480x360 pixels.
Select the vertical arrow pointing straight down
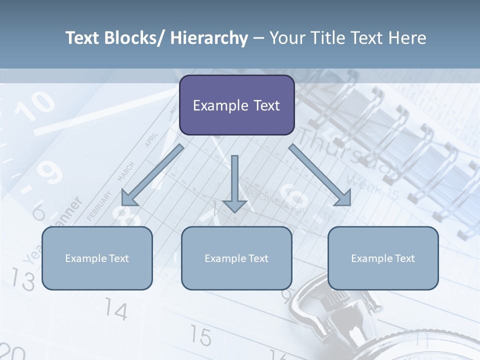[234, 182]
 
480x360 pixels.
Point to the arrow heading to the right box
[320, 175]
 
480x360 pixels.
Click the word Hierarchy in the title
[209, 38]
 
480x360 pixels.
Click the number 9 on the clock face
[50, 172]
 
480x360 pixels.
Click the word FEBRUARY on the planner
[98, 205]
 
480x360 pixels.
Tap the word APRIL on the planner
[151, 139]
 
